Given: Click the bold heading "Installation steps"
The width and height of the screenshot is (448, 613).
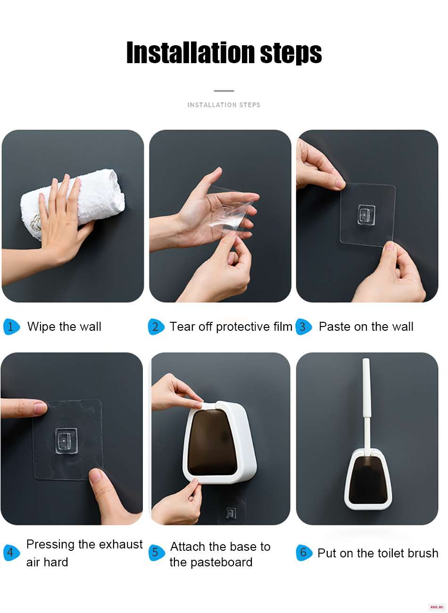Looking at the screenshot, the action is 224,52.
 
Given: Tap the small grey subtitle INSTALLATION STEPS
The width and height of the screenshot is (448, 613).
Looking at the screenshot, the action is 224,105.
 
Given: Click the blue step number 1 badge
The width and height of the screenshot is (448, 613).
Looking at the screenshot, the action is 11,327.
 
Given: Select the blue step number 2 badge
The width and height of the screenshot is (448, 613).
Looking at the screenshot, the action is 156,327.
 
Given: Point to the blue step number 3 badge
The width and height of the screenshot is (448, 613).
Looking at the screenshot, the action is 303,327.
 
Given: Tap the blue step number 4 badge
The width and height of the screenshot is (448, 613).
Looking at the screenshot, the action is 11,552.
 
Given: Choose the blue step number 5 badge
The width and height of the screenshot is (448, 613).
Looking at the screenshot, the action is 157,552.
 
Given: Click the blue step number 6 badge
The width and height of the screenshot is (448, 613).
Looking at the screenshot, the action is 304,552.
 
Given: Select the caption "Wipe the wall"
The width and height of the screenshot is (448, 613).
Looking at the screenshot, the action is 64,327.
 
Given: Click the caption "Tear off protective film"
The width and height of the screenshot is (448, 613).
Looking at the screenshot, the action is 231,327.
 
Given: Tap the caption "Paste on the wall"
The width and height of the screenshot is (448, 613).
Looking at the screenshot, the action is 366,327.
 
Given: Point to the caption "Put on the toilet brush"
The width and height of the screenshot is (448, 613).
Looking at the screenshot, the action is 378,553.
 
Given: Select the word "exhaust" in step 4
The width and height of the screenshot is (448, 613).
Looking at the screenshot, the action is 121,544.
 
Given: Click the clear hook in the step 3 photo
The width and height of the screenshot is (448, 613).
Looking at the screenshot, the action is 366,215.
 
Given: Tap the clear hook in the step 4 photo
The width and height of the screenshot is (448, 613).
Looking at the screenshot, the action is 66,441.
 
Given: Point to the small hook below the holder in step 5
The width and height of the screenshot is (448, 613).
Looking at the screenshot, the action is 231,514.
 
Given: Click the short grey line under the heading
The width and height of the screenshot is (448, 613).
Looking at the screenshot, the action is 224,90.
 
